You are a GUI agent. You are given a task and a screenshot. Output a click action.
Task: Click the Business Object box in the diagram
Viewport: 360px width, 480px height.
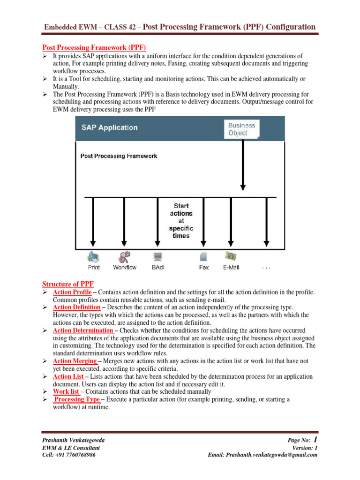241,129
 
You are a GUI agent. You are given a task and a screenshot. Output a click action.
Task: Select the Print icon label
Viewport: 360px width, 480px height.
94,267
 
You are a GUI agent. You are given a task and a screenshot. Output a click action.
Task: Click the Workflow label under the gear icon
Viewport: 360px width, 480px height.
125,267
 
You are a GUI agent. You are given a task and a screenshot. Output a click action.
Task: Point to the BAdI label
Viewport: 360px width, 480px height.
158,267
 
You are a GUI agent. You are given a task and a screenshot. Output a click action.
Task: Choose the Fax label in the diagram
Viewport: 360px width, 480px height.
204,267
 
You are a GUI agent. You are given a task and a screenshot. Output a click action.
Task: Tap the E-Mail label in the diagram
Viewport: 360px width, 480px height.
232,267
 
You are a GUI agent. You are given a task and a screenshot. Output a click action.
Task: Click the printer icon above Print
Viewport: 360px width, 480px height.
93,256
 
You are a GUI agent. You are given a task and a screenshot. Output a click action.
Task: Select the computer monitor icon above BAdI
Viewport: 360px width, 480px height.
157,256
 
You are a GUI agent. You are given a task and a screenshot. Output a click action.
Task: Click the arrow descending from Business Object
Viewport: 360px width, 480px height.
243,164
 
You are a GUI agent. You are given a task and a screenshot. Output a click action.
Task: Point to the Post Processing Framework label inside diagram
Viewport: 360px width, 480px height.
119,156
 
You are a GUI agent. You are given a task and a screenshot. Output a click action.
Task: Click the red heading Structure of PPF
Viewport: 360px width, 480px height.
68,284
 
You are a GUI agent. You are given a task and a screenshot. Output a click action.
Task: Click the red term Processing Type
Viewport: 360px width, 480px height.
77,399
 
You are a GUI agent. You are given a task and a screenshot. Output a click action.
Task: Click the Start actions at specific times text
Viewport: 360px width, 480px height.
181,220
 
